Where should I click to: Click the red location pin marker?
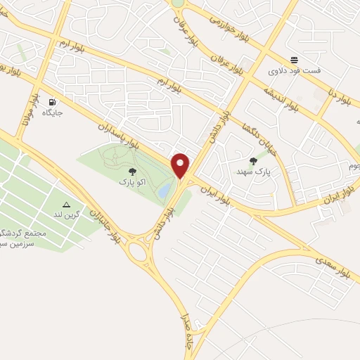pos(181,166)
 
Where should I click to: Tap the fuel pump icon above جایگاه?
pos(52,101)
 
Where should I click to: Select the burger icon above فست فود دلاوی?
pos(294,60)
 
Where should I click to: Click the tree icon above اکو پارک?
pos(131,171)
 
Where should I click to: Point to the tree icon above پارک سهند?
pos(253,161)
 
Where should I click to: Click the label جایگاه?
pos(53,112)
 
